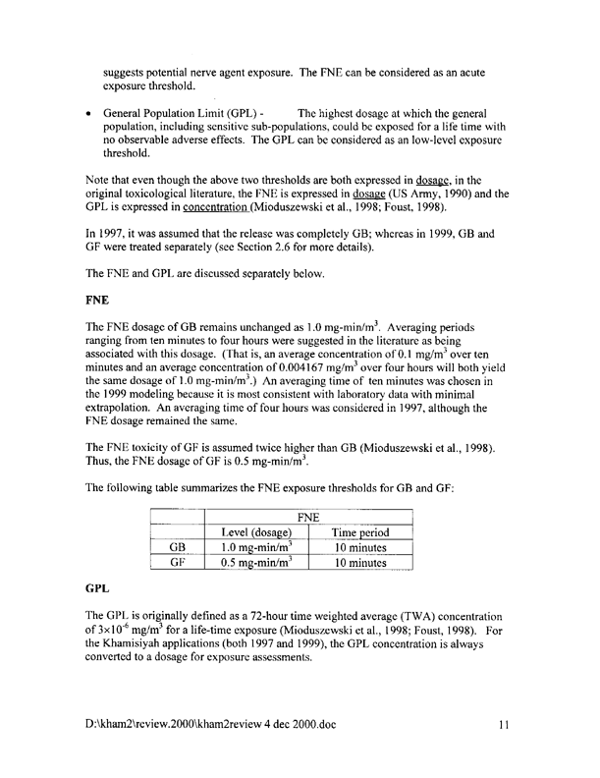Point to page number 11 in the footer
(501, 725)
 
